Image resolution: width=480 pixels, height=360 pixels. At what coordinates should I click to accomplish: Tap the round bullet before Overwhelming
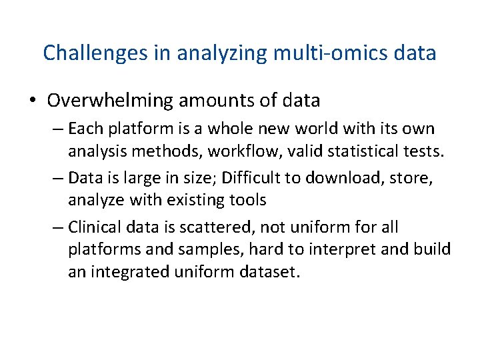click(x=33, y=101)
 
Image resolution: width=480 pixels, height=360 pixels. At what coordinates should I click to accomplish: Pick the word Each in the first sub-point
click(x=83, y=128)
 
